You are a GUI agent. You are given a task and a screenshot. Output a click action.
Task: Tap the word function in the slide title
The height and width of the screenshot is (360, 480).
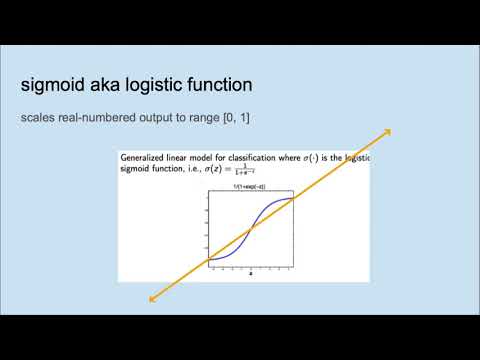point(242,84)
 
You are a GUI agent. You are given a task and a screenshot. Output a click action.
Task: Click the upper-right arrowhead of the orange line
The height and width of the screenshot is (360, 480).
point(387,131)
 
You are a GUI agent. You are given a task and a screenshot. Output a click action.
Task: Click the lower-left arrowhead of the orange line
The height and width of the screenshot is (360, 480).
point(151,298)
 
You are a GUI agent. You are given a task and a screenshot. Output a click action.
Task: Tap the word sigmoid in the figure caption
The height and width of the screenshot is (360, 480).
point(136,170)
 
